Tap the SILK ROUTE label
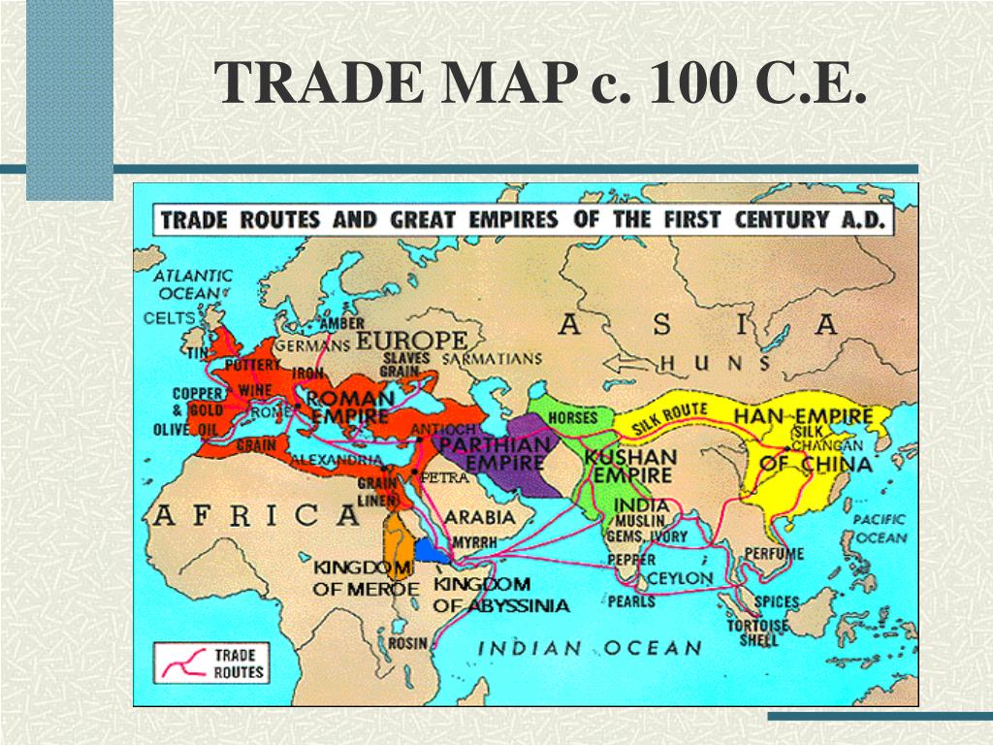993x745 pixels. pos(670,416)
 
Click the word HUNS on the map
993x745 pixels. pos(714,364)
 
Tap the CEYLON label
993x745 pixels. pos(680,578)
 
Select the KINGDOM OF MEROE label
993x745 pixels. pos(366,577)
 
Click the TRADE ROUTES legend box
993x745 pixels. pos(210,664)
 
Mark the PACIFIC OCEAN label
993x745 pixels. pos(880,529)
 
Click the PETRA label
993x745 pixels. pos(443,477)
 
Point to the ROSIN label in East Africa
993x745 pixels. pos(408,643)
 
